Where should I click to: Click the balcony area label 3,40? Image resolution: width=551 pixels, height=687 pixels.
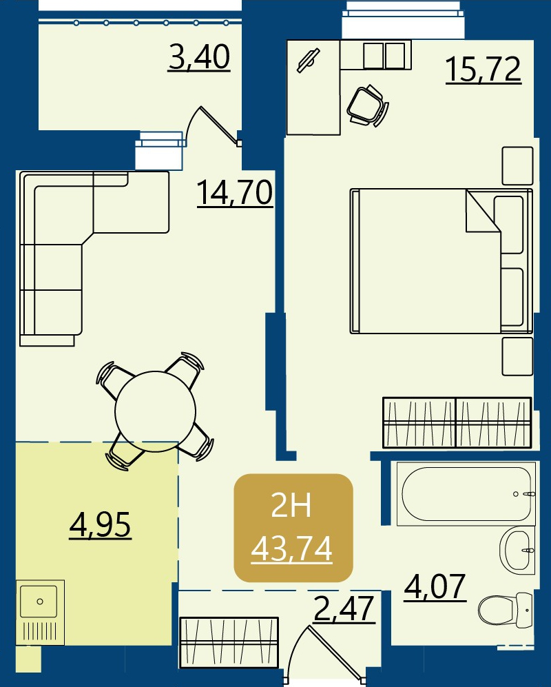click(x=199, y=57)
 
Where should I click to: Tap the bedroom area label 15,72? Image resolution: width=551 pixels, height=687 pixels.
click(x=483, y=69)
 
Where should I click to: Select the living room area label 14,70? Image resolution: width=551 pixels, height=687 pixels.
click(x=235, y=193)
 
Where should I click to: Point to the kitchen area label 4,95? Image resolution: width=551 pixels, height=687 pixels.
click(x=101, y=525)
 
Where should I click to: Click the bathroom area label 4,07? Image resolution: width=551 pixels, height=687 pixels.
click(x=435, y=587)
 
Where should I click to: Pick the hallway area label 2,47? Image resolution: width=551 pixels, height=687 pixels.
click(x=344, y=608)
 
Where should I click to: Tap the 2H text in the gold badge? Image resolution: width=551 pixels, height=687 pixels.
click(x=291, y=504)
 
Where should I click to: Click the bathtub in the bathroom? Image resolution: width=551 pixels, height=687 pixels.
click(x=466, y=494)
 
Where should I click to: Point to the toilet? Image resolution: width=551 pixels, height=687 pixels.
click(x=506, y=609)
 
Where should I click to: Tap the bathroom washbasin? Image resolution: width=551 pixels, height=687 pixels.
click(x=517, y=551)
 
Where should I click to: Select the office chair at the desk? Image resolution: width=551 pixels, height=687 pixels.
click(x=368, y=105)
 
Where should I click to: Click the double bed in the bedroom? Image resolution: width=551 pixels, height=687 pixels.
click(x=441, y=261)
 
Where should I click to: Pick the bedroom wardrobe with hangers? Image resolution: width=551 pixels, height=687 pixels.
click(x=457, y=422)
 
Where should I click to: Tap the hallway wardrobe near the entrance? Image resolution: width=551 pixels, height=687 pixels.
click(x=229, y=643)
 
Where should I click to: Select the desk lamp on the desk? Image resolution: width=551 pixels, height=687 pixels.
click(x=309, y=60)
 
